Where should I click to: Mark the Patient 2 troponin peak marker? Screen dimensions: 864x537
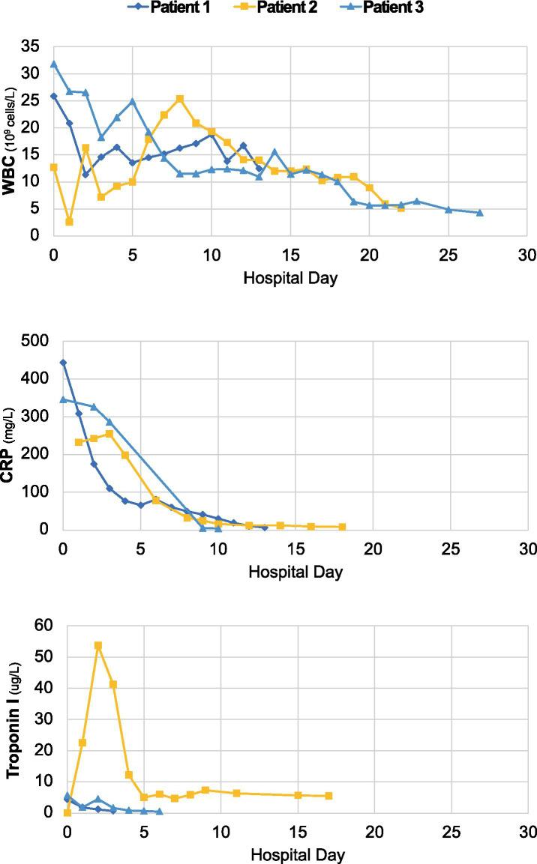(98, 645)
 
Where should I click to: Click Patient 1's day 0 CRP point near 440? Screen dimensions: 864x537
(63, 362)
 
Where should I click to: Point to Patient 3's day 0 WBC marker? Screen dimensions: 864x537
(53, 64)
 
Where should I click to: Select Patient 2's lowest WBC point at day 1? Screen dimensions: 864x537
(69, 221)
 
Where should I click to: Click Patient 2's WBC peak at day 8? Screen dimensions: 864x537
(180, 98)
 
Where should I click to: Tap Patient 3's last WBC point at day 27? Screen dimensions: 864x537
(479, 212)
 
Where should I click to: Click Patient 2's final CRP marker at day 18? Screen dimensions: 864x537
(342, 527)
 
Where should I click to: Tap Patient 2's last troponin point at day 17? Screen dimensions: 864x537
(328, 796)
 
